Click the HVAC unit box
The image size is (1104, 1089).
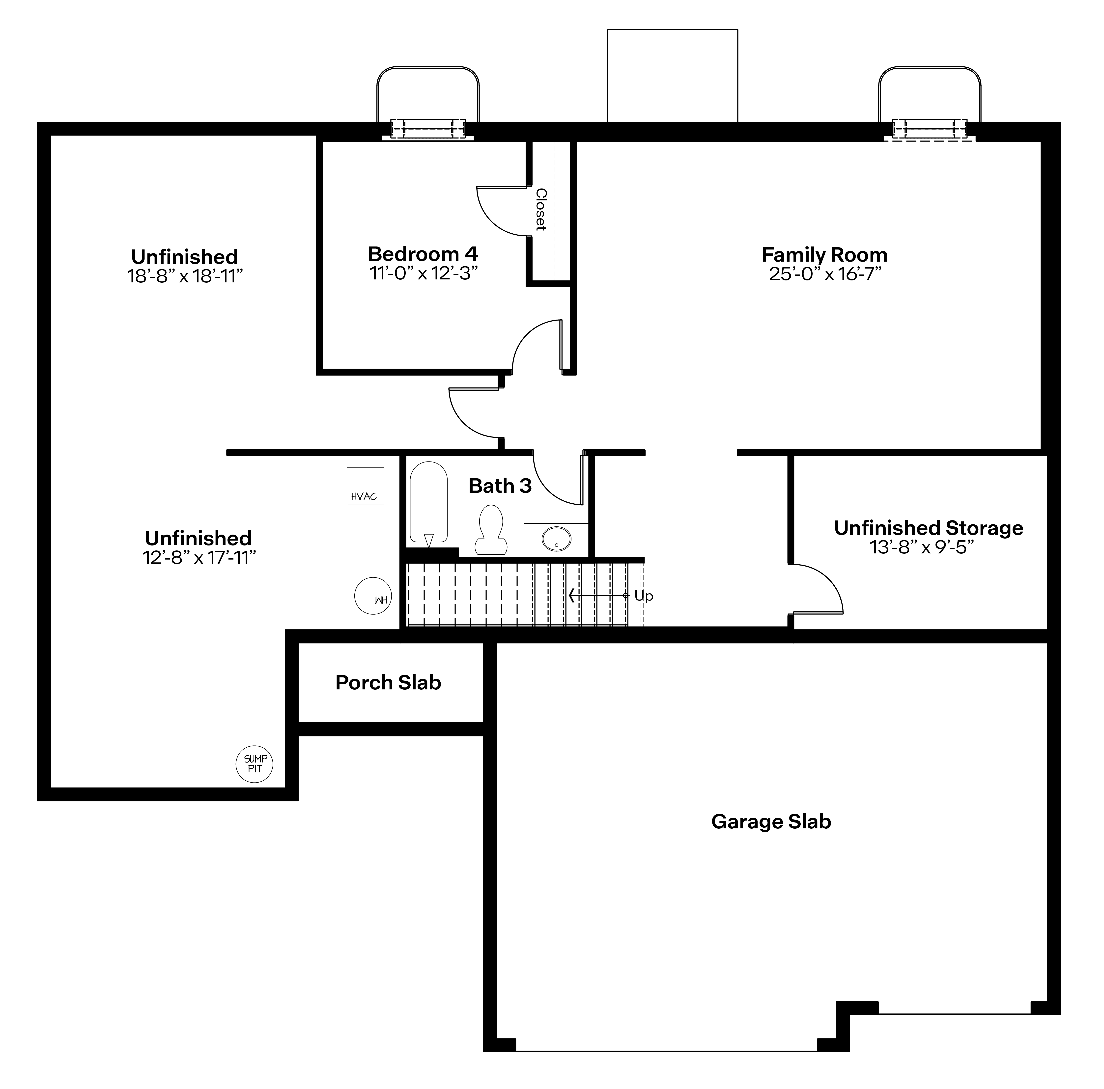[x=365, y=486]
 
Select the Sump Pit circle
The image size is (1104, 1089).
[x=254, y=764]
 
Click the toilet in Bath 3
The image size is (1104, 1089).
[x=490, y=530]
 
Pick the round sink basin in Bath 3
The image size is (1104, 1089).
[x=556, y=539]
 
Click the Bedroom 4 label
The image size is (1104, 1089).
[x=423, y=254]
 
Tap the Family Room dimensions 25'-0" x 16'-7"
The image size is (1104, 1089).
[x=824, y=274]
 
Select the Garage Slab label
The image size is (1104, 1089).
[x=771, y=822]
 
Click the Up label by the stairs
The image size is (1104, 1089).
[x=644, y=596]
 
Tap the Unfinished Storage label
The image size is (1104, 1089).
[x=929, y=528]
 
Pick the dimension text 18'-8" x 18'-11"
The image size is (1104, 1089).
[x=185, y=276]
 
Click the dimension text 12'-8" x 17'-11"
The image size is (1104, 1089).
[x=199, y=558]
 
